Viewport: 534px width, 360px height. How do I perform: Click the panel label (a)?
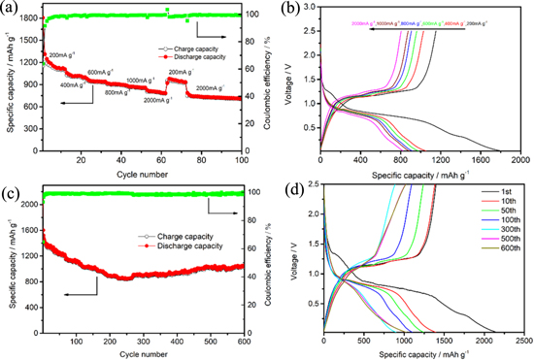[x=9, y=9]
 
